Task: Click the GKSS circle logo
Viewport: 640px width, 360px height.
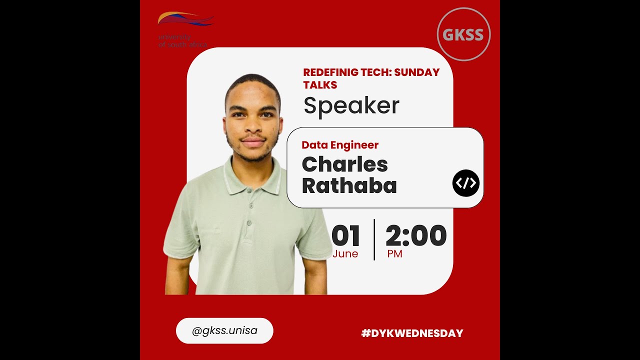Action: tap(463, 34)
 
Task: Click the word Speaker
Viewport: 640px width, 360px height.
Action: tap(351, 105)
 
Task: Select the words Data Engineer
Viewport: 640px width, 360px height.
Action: tap(340, 145)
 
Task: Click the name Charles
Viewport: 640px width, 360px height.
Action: tap(344, 164)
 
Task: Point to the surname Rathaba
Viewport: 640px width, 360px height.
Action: tap(349, 186)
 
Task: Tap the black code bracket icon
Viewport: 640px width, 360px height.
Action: tap(465, 183)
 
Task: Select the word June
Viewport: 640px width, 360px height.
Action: tap(345, 253)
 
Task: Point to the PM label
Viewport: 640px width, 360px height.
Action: tap(394, 253)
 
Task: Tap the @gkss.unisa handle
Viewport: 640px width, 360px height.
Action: tap(224, 330)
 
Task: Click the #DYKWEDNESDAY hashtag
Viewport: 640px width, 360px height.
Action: tap(412, 333)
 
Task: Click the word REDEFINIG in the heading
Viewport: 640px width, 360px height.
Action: tap(331, 72)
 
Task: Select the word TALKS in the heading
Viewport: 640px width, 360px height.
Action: tap(320, 85)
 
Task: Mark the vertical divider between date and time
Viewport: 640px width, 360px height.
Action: tap(374, 239)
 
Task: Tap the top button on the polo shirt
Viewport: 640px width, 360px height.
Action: tap(250, 205)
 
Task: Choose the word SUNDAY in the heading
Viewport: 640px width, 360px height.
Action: tap(417, 72)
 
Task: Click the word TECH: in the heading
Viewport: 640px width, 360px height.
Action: tap(376, 72)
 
